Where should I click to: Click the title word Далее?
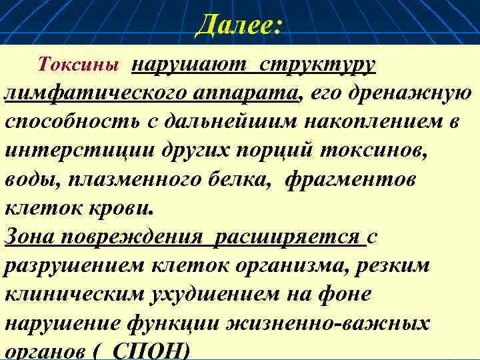tap(240, 27)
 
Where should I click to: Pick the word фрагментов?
tap(351, 179)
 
